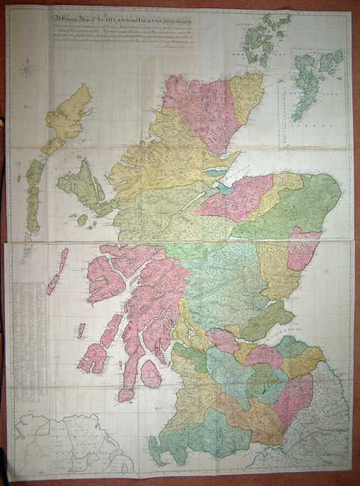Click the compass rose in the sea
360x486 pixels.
(x=29, y=69)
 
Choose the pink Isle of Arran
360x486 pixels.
(x=150, y=373)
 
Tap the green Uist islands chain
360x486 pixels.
(x=33, y=196)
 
